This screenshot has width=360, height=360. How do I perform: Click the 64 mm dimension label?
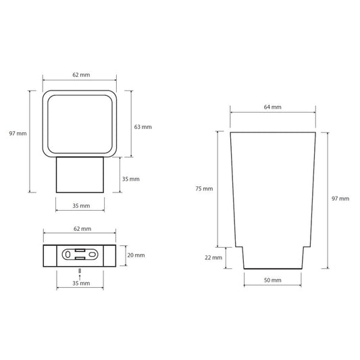[x=272, y=107]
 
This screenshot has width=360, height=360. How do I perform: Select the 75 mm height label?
[x=204, y=188]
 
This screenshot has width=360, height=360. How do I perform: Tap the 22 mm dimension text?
[x=213, y=257]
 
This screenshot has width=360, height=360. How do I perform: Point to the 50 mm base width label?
[x=272, y=280]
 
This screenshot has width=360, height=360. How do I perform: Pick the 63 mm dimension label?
[x=143, y=127]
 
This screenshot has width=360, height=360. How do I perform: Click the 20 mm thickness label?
[x=136, y=255]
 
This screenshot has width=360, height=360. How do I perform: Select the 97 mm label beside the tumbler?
[x=340, y=199]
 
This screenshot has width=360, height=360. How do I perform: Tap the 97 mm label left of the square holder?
[x=18, y=133]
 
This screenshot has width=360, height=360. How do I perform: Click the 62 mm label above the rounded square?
[x=81, y=75]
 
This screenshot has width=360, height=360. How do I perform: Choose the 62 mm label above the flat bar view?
[x=82, y=229]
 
